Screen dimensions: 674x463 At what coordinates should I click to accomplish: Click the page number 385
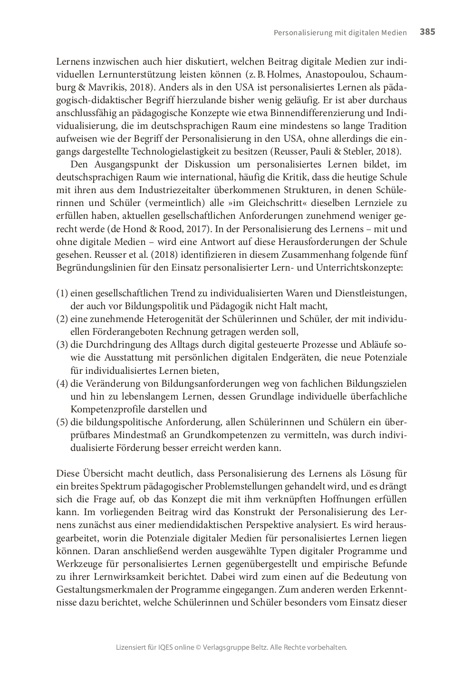[427, 32]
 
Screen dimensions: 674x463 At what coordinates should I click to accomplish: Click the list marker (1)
[62, 293]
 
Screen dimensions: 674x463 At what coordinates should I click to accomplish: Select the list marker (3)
[62, 345]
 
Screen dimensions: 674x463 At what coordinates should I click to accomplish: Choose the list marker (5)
[62, 422]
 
